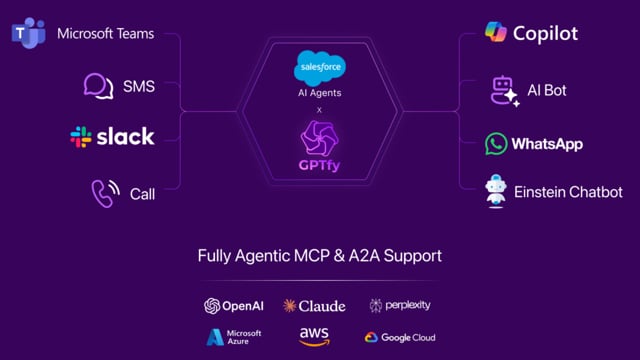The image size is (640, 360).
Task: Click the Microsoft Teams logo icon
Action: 29,34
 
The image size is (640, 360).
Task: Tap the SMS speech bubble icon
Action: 98,86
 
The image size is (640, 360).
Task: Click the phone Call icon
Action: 105,192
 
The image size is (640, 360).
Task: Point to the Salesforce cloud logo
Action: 319,67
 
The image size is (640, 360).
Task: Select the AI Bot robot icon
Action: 503,90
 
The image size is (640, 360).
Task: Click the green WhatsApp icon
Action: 496,143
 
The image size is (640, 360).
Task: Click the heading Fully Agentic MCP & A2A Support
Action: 319,256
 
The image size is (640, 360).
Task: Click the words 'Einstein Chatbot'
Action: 568,192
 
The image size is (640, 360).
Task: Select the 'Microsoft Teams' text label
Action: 105,34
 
